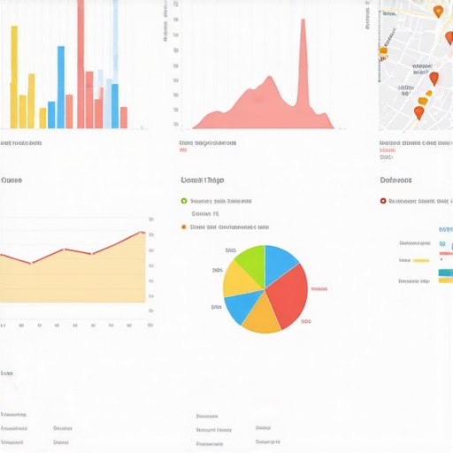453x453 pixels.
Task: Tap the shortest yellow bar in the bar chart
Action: (42, 118)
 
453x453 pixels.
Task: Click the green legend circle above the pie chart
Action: (184, 201)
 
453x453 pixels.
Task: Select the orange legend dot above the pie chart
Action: (184, 226)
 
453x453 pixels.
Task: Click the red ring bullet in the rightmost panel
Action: (383, 201)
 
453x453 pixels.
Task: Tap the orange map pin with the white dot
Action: (437, 12)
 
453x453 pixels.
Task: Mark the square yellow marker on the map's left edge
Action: (383, 51)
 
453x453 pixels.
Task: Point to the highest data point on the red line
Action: (142, 233)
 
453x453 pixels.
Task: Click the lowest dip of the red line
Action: (31, 263)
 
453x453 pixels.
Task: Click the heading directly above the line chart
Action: (12, 180)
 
